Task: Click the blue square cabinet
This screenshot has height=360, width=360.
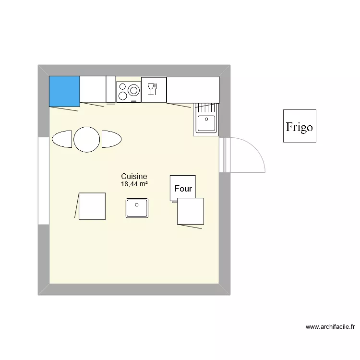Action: [x=64, y=91]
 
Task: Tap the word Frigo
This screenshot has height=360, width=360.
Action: [x=300, y=127]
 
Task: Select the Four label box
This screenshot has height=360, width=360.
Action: [x=183, y=188]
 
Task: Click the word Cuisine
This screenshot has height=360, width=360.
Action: [x=134, y=177]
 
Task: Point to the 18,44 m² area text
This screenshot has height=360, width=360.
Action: [x=134, y=184]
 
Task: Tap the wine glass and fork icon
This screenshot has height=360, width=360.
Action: [x=153, y=89]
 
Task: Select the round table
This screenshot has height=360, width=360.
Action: [x=87, y=139]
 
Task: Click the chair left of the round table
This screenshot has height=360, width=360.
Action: [x=62, y=139]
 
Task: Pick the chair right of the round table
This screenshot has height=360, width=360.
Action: [x=111, y=139]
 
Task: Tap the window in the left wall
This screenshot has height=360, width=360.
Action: [x=44, y=180]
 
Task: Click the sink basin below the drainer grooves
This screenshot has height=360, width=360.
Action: [x=207, y=123]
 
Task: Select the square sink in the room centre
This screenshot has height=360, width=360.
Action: [x=137, y=208]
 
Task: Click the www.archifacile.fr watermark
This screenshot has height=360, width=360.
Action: [x=330, y=327]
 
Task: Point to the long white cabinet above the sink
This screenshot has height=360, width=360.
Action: [x=193, y=89]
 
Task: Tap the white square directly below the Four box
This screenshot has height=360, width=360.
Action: [x=191, y=211]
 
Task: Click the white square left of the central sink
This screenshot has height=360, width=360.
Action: [x=92, y=206]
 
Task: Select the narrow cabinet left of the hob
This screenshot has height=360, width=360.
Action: [x=111, y=89]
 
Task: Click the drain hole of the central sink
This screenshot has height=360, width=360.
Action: [x=137, y=205]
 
